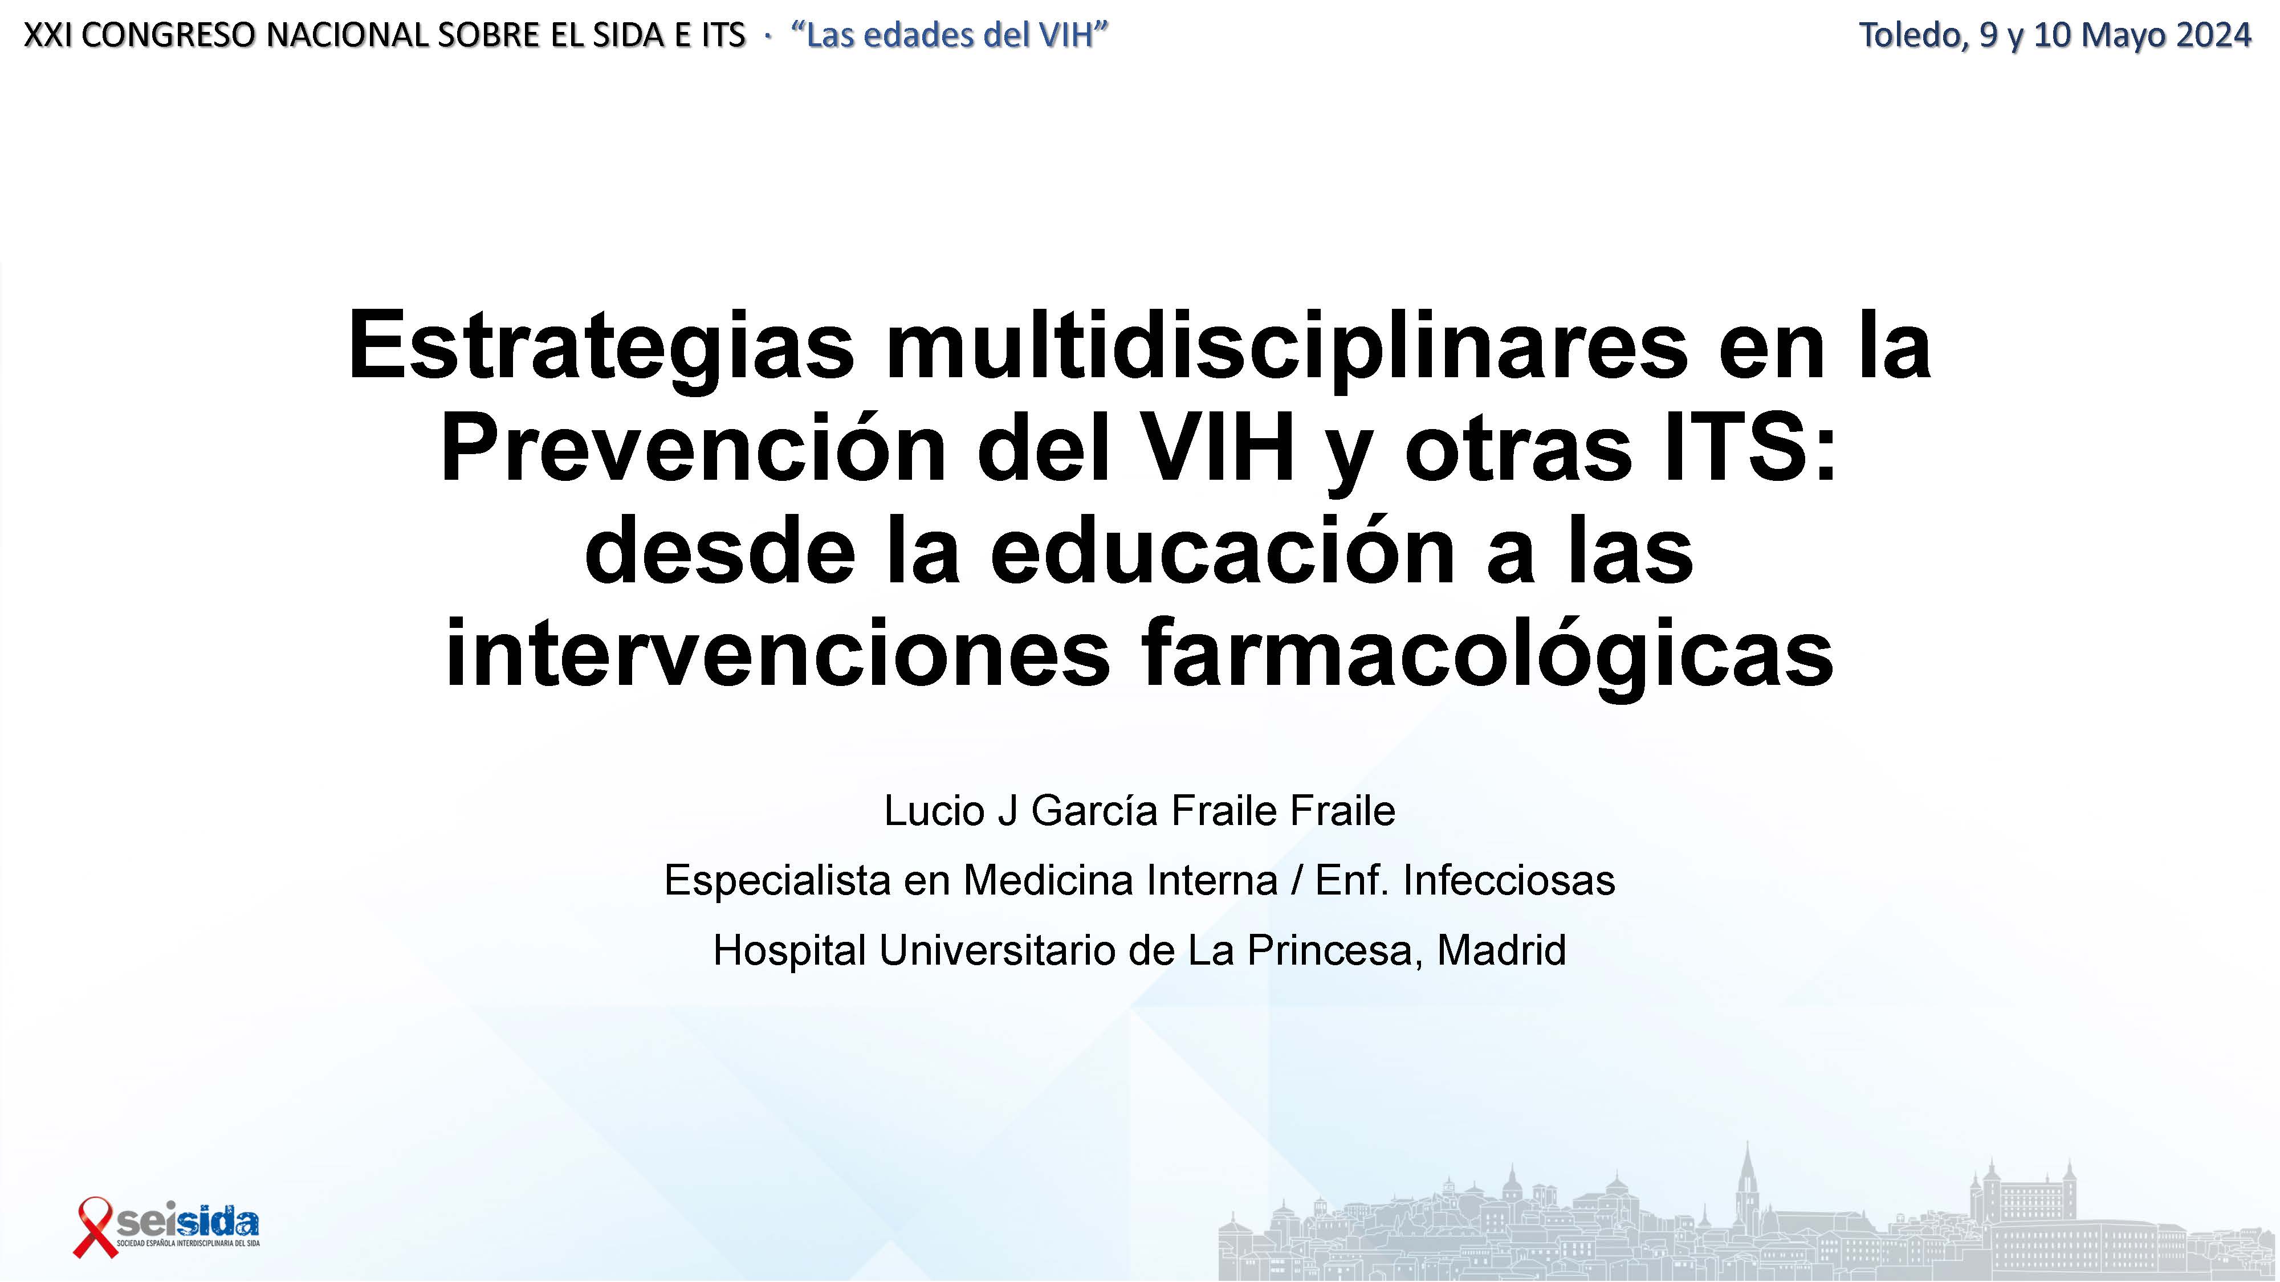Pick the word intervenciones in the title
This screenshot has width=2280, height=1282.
click(x=777, y=655)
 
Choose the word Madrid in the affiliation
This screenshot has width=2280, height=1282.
click(x=1502, y=950)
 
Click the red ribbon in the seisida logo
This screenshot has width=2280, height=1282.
click(x=94, y=1226)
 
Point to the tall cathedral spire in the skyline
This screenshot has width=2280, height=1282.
click(x=1747, y=1177)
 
